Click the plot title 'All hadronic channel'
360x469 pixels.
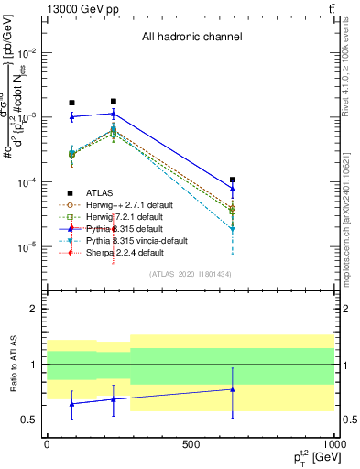pos(191,38)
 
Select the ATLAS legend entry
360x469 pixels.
pos(99,193)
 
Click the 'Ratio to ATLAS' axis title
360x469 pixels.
pos(12,365)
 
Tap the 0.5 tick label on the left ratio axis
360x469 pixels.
pos(28,420)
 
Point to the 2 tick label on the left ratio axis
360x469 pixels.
pos(33,310)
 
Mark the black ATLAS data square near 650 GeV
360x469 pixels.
pos(233,180)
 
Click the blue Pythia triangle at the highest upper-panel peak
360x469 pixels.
pos(113,114)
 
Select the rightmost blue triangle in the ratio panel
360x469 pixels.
pos(233,389)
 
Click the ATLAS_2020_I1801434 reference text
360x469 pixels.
pos(190,274)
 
